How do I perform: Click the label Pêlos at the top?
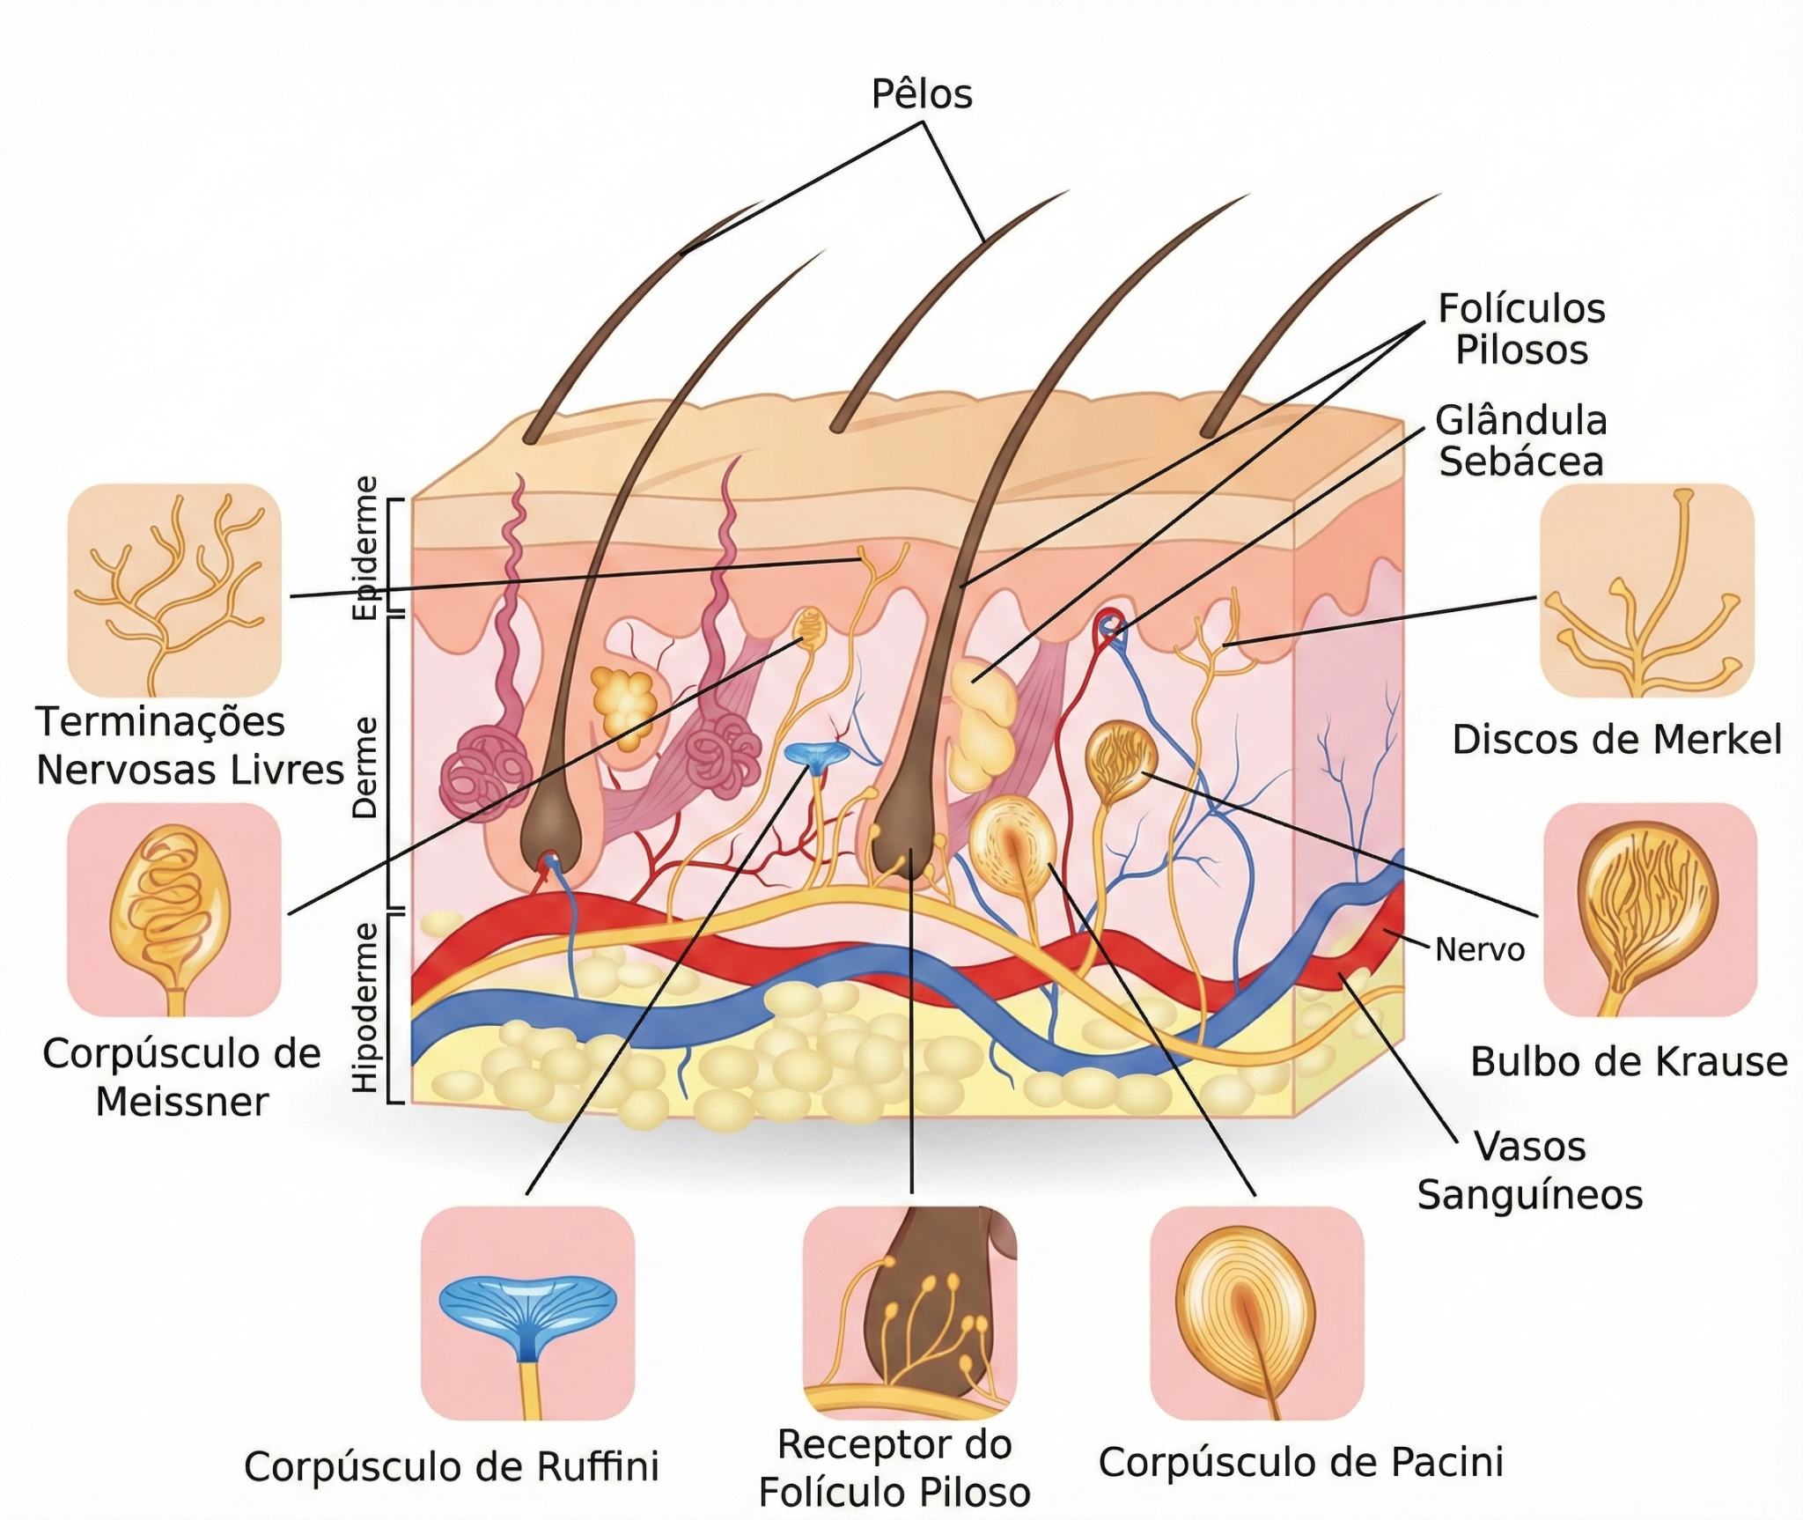922,94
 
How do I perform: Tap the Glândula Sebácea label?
1521,441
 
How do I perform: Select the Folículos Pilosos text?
1521,329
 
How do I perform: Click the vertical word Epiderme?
364,548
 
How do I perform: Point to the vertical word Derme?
364,767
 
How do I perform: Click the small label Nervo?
1480,949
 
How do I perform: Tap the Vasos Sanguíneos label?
1530,1170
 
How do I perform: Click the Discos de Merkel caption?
1617,740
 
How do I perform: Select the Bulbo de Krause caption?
1629,1061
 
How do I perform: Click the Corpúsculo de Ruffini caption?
452,1466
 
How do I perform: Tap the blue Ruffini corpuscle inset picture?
527,1313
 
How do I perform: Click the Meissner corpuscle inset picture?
174,910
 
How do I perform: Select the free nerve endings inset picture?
174,590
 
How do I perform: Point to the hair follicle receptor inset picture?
910,1313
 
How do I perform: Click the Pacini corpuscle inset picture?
1257,1313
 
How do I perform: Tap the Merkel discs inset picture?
1647,590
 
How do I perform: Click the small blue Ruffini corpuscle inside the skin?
815,756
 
